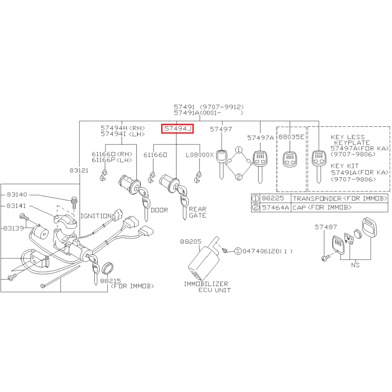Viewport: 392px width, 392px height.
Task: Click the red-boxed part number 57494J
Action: coord(178,129)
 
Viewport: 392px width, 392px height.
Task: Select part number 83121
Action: coord(79,171)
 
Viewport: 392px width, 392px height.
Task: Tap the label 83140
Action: coord(17,195)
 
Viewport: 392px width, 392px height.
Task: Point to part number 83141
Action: coord(16,206)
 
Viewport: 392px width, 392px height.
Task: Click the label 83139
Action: coord(14,228)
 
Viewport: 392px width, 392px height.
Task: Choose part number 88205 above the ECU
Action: coord(190,242)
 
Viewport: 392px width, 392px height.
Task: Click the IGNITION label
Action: coord(96,216)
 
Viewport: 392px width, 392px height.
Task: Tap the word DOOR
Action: coord(159,210)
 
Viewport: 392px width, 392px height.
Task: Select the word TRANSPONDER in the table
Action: coord(317,199)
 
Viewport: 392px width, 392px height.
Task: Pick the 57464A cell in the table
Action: coord(275,208)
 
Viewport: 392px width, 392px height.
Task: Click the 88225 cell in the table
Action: coord(273,198)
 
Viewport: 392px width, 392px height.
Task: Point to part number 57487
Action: coord(326,227)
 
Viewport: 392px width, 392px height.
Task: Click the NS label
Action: coord(355,265)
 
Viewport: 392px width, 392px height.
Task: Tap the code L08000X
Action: coord(200,155)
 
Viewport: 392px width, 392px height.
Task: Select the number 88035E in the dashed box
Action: coord(291,137)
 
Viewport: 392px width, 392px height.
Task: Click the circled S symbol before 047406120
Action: coord(238,251)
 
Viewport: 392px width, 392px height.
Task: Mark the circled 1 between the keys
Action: coord(239,150)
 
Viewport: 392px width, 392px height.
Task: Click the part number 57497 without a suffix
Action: coord(221,129)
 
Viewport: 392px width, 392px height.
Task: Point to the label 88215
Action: coord(110,281)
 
